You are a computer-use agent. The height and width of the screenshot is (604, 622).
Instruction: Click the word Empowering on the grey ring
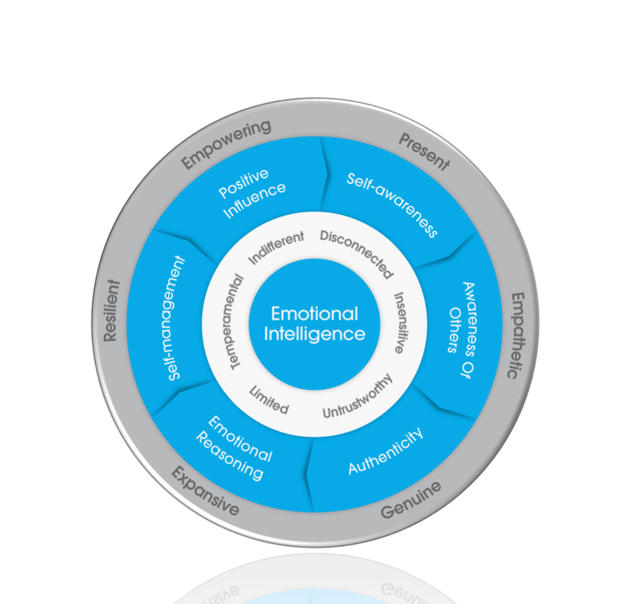(x=226, y=145)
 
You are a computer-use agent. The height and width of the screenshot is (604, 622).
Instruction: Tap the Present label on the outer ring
(x=424, y=152)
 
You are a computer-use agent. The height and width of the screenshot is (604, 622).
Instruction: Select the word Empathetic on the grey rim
(x=516, y=336)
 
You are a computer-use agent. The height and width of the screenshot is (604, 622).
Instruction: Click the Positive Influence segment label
(x=252, y=194)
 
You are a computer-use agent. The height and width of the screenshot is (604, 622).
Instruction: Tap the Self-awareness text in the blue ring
(x=392, y=205)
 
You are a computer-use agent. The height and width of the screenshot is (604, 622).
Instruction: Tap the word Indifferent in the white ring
(x=276, y=248)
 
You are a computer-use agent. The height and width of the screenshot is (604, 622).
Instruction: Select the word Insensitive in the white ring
(x=402, y=322)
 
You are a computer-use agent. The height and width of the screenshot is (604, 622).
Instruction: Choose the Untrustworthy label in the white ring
(x=357, y=397)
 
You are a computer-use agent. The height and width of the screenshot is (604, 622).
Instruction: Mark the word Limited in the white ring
(x=269, y=400)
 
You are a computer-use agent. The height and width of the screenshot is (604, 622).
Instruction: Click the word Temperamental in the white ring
(x=237, y=322)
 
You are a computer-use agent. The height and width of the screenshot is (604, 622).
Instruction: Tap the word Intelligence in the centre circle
(x=315, y=334)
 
